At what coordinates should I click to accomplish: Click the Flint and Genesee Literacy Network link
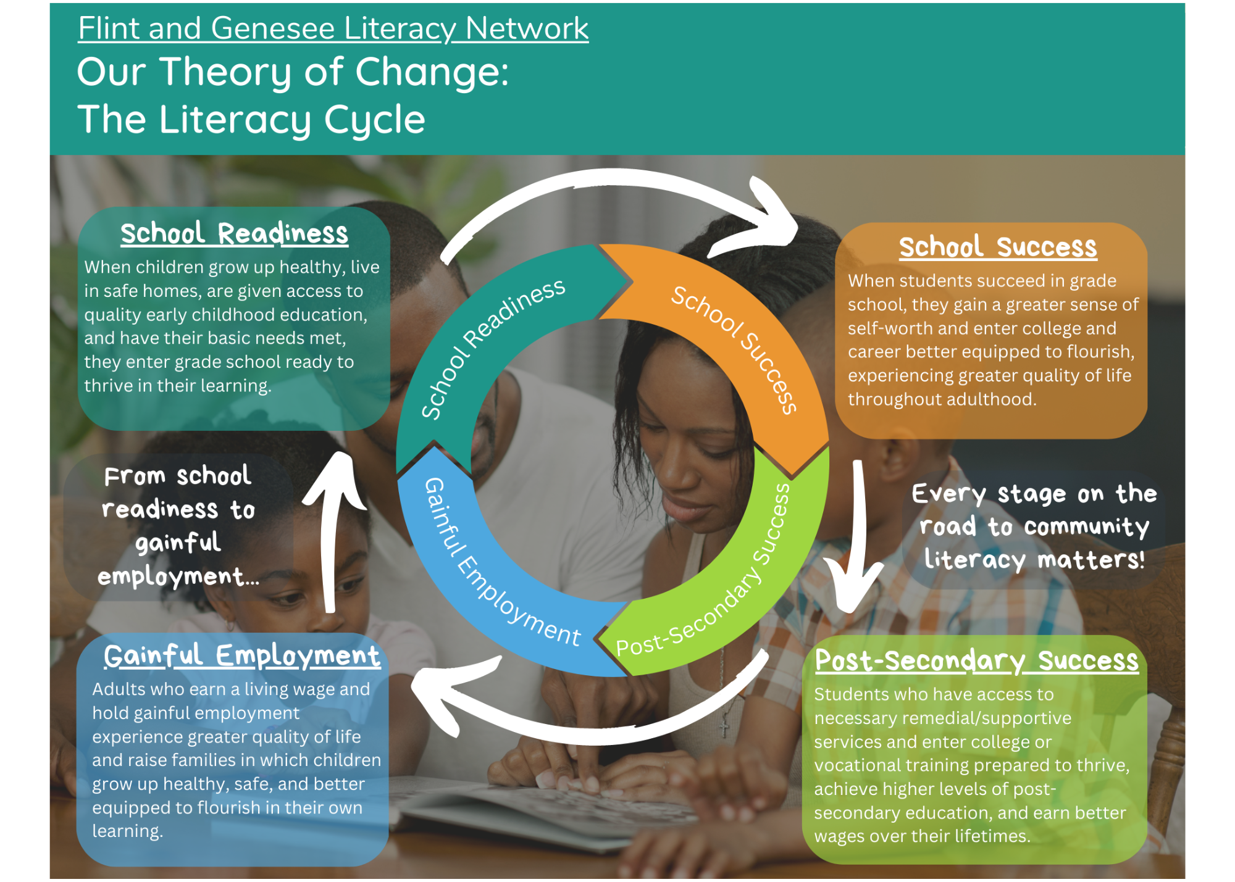[x=333, y=28]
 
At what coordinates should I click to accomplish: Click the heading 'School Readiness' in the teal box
[x=235, y=234]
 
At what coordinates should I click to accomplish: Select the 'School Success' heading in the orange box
[x=998, y=247]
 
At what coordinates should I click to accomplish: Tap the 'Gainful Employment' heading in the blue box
[x=242, y=655]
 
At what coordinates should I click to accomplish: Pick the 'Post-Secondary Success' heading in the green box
[x=977, y=660]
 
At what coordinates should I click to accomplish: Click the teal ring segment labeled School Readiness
[x=488, y=346]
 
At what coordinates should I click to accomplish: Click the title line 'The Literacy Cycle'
[x=251, y=120]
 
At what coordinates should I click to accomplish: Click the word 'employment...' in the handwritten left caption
[x=178, y=576]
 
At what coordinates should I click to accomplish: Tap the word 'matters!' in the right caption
[x=1091, y=560]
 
